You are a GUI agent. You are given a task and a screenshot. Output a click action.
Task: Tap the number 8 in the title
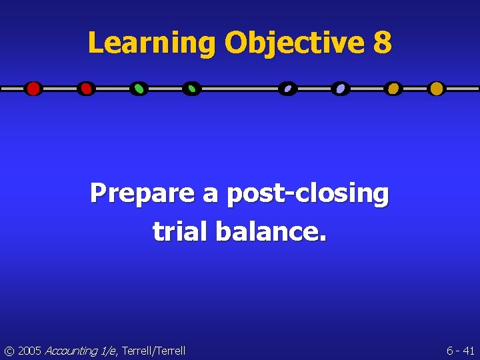[x=382, y=43]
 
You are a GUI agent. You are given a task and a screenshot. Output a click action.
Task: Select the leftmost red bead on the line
[x=33, y=88]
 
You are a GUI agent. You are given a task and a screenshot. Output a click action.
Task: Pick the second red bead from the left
[x=85, y=88]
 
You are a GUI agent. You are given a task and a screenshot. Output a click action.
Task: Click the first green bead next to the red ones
[x=139, y=88]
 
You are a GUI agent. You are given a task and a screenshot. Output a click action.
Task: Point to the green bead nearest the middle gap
[x=191, y=88]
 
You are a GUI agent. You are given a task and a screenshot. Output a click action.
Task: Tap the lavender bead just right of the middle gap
[x=287, y=88]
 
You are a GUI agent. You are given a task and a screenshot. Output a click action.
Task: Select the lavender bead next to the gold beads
[x=341, y=88]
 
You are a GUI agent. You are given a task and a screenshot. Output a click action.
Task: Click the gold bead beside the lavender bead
[x=393, y=88]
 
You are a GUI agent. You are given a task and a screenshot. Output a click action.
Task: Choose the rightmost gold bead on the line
[x=436, y=88]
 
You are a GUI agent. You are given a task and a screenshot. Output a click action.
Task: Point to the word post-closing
[x=307, y=193]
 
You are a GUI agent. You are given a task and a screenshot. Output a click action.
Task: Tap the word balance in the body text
[x=269, y=231]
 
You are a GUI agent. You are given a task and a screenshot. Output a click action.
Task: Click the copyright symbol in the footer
[x=9, y=350]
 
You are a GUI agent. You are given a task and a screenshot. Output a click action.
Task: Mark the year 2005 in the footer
[x=29, y=350]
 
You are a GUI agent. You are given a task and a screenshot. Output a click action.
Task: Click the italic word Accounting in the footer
[x=69, y=350]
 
